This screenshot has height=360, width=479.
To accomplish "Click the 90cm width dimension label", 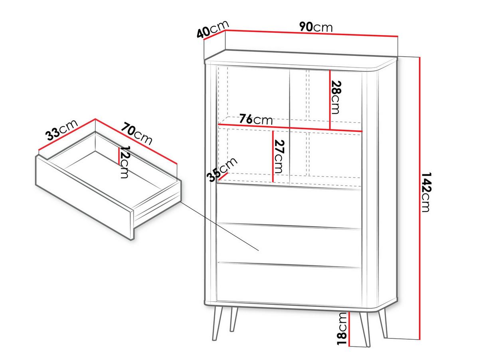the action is tap(316, 27).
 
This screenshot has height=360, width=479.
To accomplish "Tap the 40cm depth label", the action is tap(213, 29).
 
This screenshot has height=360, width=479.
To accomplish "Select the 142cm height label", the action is tap(426, 193).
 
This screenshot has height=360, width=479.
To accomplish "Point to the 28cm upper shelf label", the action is tap(335, 97).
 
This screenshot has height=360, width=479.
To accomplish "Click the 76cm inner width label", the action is tap(256, 119).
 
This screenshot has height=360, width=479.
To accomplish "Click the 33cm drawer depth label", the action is tap(61, 130).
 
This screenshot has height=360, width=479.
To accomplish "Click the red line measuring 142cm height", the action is tap(420, 199).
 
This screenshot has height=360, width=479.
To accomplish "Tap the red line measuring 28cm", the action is tap(330, 100).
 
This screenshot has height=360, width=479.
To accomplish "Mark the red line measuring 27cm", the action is tap(273, 156).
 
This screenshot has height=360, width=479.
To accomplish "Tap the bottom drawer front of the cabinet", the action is tap(289, 284).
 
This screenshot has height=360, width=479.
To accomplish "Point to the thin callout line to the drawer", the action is tap(220, 226).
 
